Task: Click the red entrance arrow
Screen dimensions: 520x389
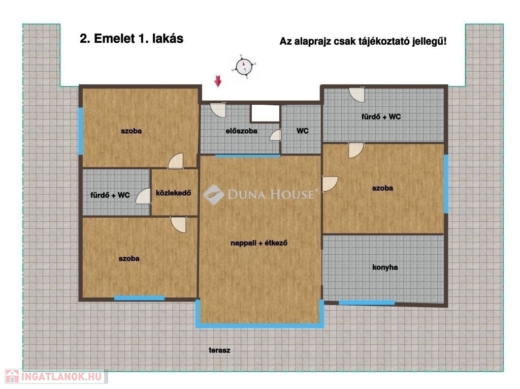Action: (217, 81)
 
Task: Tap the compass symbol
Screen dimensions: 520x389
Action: (244, 66)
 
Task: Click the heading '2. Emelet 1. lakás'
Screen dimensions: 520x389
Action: (132, 39)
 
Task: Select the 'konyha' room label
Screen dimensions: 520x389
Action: (385, 267)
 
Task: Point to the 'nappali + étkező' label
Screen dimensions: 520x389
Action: (258, 243)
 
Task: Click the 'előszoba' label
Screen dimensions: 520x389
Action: (241, 131)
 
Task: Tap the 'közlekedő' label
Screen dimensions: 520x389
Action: (173, 193)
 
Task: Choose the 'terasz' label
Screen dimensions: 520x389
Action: (219, 350)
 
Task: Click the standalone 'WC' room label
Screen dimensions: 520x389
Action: (303, 131)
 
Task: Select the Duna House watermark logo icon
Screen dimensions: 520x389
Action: (213, 195)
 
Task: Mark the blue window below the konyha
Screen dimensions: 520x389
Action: (367, 303)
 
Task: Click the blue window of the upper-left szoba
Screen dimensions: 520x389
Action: (80, 131)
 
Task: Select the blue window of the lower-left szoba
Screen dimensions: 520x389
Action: (139, 298)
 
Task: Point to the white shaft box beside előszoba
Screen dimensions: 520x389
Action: (265, 113)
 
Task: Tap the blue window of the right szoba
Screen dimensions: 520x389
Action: (446, 184)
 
